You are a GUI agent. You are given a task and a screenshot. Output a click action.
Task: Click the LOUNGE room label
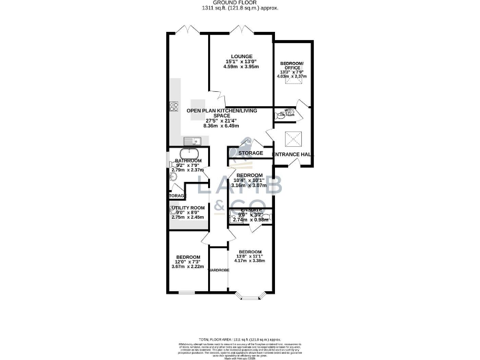click(x=241, y=55)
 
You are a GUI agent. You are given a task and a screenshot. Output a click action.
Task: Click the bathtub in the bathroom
click(x=189, y=154)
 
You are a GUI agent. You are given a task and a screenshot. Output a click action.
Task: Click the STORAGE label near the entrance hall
click(x=250, y=153)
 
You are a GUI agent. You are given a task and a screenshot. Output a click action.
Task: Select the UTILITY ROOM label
click(x=188, y=207)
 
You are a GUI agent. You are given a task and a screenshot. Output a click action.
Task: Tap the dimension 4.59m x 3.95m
click(x=241, y=67)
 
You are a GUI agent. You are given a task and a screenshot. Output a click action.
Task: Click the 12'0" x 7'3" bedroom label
click(x=187, y=262)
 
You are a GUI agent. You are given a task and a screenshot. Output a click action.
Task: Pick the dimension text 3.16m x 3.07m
click(x=249, y=186)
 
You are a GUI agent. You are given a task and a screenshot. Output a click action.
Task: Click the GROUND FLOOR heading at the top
click(x=241, y=2)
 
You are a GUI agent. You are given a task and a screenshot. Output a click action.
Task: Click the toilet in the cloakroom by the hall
click(x=297, y=113)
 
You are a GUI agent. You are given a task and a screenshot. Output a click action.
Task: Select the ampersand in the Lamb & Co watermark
click(x=220, y=205)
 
